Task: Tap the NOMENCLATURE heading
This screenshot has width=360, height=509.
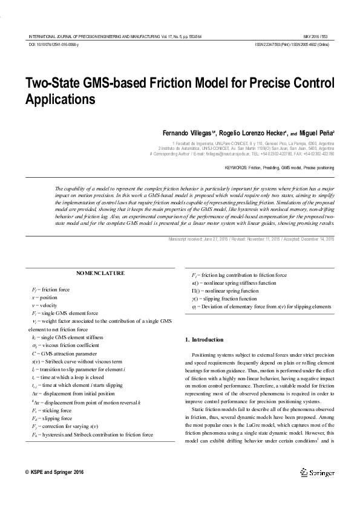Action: point(101,273)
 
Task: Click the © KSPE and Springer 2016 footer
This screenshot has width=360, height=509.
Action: point(54,472)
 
